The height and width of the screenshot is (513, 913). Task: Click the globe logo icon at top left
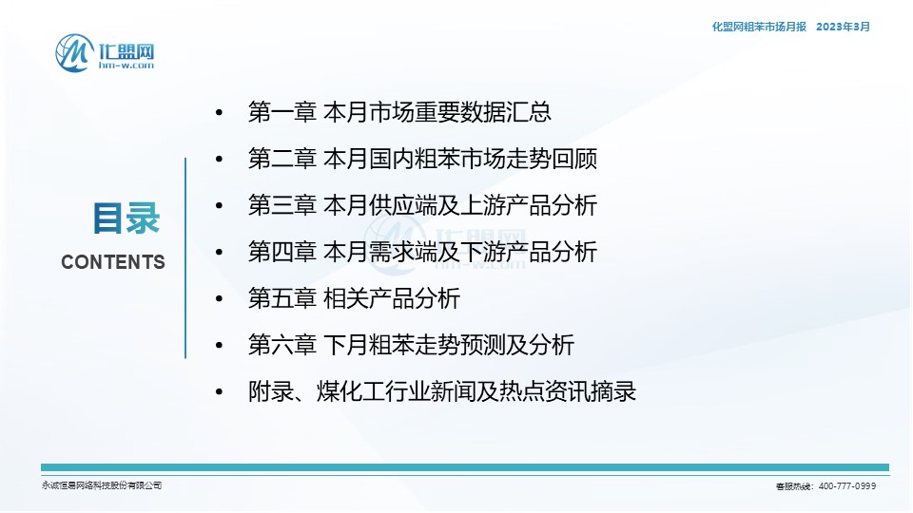[x=74, y=53]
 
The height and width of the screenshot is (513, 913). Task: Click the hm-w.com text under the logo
[x=126, y=66]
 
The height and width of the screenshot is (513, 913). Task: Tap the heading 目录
[x=126, y=218]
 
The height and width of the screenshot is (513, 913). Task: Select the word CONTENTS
[x=113, y=262]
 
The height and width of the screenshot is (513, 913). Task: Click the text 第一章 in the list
[x=282, y=112]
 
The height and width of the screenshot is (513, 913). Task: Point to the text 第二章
[x=282, y=159]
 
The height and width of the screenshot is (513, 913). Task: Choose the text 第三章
[x=282, y=205]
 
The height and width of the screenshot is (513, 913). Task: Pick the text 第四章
[x=282, y=252]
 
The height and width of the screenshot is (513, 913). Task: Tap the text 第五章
[x=282, y=298]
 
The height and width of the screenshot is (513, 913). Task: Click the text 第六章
[x=282, y=345]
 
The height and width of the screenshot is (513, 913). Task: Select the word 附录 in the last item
[x=271, y=391]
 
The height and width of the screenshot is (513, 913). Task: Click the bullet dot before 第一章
[x=219, y=112]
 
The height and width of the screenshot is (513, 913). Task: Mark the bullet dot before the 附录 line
[x=219, y=392]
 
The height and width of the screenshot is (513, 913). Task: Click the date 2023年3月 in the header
[x=844, y=27]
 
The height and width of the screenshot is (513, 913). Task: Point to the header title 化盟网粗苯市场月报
[x=759, y=27]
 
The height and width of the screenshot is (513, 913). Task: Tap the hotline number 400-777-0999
[x=847, y=486]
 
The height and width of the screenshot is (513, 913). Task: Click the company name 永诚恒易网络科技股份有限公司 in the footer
[x=102, y=485]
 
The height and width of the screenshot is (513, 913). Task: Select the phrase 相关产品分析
[x=392, y=298]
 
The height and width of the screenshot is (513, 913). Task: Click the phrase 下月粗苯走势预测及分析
[x=449, y=345]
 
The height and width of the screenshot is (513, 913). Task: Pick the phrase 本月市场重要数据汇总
[x=437, y=112]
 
